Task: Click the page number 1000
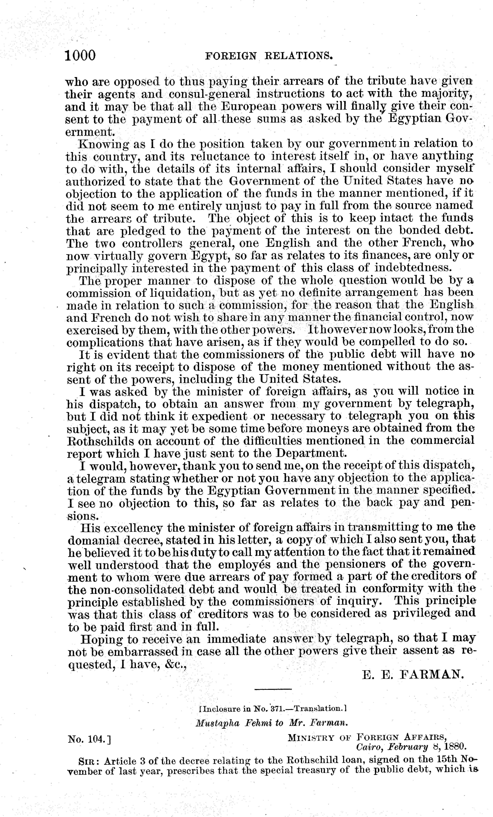point(81,55)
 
